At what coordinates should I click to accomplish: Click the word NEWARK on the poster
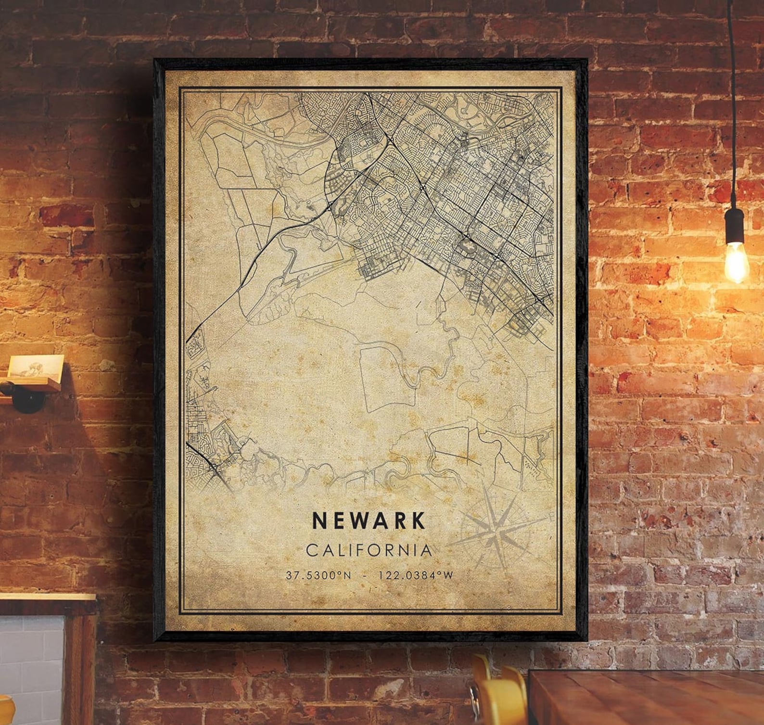click(369, 520)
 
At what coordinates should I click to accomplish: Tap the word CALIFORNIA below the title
click(369, 550)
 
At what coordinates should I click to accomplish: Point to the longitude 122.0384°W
click(416, 575)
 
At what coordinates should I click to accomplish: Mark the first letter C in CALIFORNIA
click(312, 550)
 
